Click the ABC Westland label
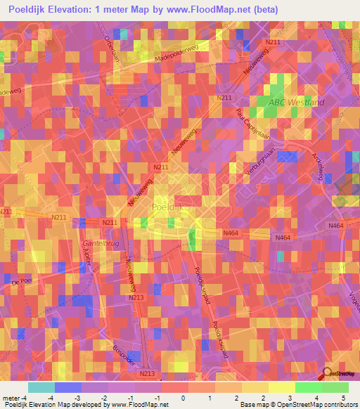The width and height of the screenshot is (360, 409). tap(295, 103)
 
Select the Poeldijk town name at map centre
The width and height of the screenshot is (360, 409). tap(168, 207)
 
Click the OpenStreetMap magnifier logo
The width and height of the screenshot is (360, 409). tap(328, 375)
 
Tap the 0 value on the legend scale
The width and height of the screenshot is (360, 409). tap(183, 398)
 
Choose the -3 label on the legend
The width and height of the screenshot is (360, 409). tap(77, 398)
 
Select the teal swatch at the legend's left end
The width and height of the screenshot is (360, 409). tap(41, 387)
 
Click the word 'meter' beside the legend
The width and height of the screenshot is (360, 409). tap(12, 398)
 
